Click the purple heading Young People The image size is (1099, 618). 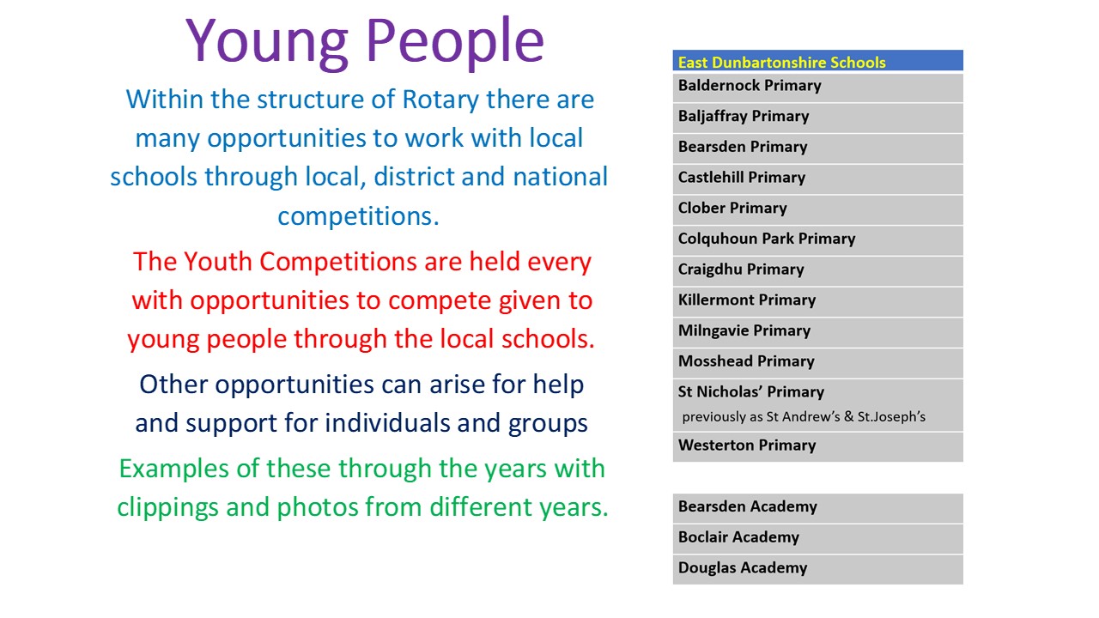click(x=365, y=42)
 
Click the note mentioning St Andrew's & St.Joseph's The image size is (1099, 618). click(x=803, y=417)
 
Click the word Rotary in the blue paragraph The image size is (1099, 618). click(x=440, y=100)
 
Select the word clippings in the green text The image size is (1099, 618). click(x=167, y=508)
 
